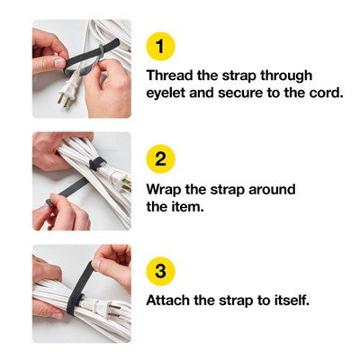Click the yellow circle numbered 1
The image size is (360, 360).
click(159, 46)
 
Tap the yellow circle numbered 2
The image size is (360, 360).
click(159, 159)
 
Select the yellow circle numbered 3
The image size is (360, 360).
click(159, 271)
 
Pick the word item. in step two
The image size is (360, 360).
click(189, 208)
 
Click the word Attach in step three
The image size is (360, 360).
click(169, 301)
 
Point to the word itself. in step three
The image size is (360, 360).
click(288, 301)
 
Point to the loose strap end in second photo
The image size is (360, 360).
click(67, 193)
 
